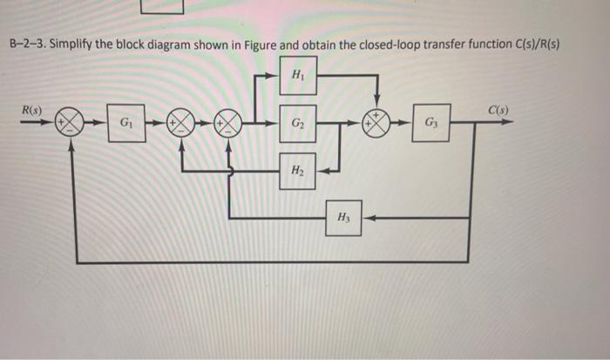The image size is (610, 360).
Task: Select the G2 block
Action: [x=297, y=123]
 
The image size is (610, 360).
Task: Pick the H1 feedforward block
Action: [x=297, y=76]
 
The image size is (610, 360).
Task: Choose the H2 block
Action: [x=297, y=171]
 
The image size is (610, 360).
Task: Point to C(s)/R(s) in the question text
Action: [x=529, y=44]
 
